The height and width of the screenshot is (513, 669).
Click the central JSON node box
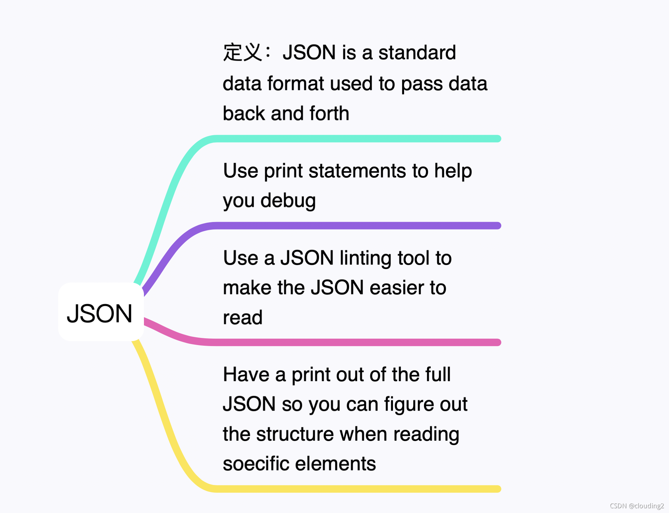point(100,312)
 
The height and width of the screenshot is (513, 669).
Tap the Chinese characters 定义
point(242,53)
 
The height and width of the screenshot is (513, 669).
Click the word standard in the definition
point(417,53)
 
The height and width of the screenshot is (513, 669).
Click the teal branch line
point(355,139)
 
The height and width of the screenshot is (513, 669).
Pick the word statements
point(357,171)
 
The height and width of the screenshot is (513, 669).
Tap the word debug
point(288,201)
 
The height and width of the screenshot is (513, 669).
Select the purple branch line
point(355,226)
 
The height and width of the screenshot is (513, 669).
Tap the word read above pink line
point(243,318)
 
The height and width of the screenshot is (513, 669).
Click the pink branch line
point(355,342)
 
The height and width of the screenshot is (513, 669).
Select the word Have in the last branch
point(246,374)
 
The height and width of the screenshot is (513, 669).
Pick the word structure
point(295,434)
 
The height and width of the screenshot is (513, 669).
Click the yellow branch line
point(355,489)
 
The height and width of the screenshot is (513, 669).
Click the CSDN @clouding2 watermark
point(637,506)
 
